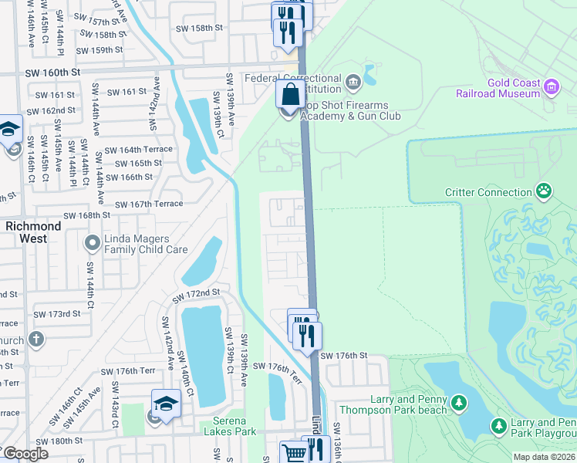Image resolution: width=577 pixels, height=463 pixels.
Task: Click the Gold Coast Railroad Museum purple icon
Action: pos(552,86)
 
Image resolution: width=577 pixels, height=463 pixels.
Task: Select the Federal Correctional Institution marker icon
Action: pos(353,81)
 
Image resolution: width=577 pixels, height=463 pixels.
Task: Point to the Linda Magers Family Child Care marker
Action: pos(92,244)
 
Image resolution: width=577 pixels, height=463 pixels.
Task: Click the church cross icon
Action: pos(35,339)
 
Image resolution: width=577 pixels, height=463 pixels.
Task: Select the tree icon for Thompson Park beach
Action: pos(459,403)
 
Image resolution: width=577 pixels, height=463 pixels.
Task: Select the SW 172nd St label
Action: pos(196,296)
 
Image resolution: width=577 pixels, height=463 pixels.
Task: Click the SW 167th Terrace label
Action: pos(149,204)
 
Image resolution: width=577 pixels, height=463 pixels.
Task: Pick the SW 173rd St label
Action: pos(56,314)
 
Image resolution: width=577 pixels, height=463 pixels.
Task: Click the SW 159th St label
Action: pos(100,49)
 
